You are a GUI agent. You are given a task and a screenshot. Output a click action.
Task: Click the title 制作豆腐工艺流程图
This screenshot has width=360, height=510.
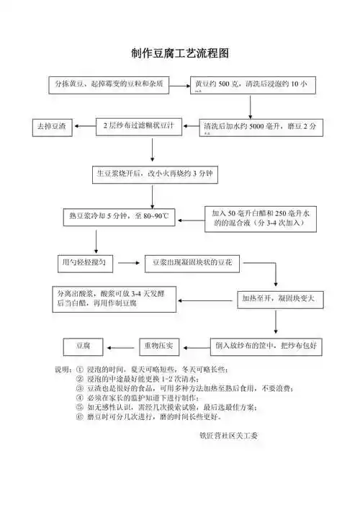click(180, 54)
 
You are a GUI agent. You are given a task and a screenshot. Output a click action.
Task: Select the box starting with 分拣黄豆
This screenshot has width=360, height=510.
click(108, 84)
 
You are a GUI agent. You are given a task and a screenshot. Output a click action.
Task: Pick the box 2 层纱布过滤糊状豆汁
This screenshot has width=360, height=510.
click(140, 126)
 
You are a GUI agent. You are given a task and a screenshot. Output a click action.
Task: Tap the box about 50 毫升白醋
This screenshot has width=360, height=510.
click(260, 218)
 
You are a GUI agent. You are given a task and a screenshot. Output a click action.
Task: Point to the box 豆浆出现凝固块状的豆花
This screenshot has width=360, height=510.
click(192, 264)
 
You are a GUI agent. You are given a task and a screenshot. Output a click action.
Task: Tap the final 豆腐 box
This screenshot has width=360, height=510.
click(83, 346)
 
